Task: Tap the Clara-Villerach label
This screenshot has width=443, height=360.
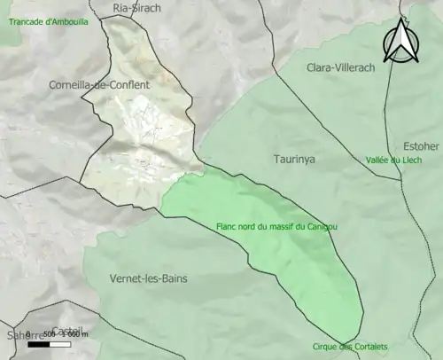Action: pyautogui.click(x=341, y=67)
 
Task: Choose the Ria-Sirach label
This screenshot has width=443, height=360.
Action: pyautogui.click(x=137, y=8)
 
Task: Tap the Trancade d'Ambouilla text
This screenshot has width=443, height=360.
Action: pyautogui.click(x=49, y=20)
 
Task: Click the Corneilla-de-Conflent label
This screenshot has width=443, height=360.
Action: pyautogui.click(x=100, y=84)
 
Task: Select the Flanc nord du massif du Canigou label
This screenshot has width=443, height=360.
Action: pyautogui.click(x=276, y=226)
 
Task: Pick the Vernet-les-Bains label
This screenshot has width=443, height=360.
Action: pyautogui.click(x=148, y=278)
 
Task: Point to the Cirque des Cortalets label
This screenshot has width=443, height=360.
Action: pyautogui.click(x=350, y=347)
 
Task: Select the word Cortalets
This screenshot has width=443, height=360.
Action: pyautogui.click(x=369, y=347)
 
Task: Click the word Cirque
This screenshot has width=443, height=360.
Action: pyautogui.click(x=326, y=347)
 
